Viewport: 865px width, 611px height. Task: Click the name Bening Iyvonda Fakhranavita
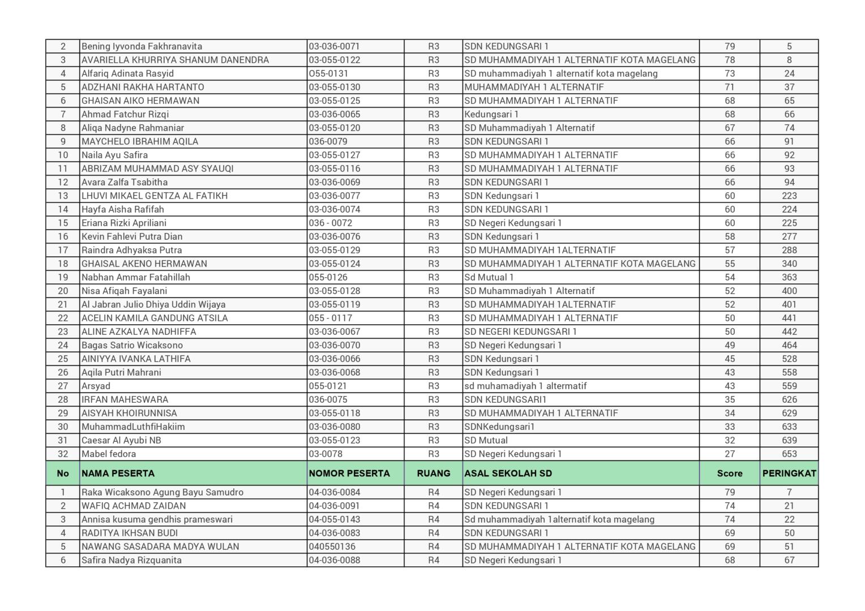tap(142, 46)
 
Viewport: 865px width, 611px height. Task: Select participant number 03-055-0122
tap(334, 60)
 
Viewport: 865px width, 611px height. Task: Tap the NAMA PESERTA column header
tap(118, 474)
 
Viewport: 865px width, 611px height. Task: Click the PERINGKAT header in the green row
tap(789, 474)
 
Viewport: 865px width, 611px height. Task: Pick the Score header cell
tap(729, 474)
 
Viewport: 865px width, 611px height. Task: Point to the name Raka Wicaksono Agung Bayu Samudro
tap(162, 492)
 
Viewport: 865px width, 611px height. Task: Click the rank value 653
tap(789, 454)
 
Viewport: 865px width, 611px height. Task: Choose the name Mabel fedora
tap(109, 454)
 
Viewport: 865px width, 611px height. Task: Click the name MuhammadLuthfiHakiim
tap(133, 427)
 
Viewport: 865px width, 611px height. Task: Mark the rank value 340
tap(789, 264)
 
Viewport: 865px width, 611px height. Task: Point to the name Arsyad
tap(96, 386)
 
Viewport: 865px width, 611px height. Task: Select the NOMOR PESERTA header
tap(349, 474)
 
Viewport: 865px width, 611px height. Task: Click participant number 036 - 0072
tap(331, 223)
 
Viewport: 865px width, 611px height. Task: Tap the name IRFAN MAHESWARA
tap(125, 399)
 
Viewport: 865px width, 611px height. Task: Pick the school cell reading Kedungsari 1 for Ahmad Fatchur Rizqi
tap(491, 114)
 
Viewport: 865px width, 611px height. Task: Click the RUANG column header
tap(434, 474)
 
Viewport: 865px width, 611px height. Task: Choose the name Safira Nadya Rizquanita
tap(131, 560)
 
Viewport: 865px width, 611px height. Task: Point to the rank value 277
tap(789, 236)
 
